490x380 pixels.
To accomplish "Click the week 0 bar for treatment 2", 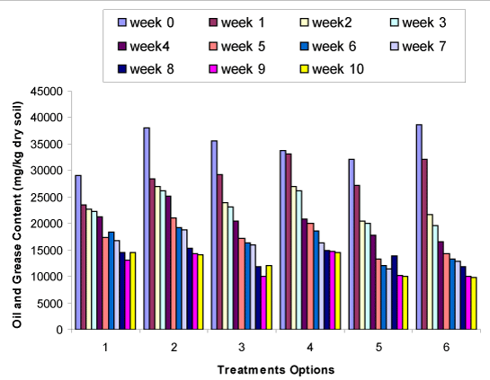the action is [147, 228].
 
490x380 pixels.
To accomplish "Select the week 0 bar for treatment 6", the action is [419, 227].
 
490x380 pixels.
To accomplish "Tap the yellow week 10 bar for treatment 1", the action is [133, 291].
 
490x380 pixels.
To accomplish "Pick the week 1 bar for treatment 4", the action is [289, 242].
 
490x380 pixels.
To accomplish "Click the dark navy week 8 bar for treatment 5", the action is [395, 293].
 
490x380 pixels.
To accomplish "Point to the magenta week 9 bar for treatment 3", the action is [263, 303].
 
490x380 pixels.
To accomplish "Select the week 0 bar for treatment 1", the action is [78, 252].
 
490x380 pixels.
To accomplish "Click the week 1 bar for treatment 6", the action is [424, 244].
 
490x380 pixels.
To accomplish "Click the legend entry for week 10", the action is [332, 69].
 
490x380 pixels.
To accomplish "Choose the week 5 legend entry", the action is [237, 47].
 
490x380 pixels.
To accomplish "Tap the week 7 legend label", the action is [424, 47].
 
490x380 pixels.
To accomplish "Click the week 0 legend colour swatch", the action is [122, 22].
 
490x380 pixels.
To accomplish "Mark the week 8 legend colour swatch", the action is [122, 69].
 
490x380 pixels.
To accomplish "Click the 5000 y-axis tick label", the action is [50, 304].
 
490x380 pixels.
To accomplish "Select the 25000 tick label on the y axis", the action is [47, 198].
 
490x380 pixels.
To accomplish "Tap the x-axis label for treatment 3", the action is [242, 347].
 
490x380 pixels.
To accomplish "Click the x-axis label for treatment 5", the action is [379, 347].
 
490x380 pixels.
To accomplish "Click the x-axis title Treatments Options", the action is [276, 370].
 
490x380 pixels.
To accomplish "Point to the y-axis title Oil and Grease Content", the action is [17, 215].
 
